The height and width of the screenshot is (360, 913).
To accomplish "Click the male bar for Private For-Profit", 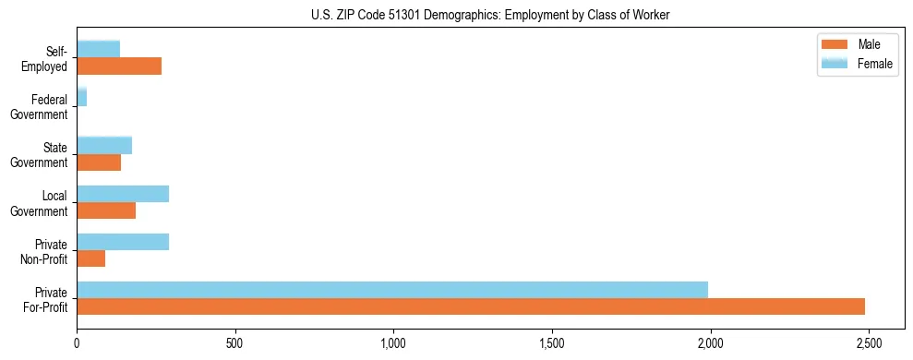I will point(471,306).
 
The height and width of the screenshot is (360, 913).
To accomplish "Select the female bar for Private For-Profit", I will point(392,290).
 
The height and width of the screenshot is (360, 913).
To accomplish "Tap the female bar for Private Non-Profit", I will point(123,242).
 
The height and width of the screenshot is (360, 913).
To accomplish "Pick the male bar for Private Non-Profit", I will point(91,258).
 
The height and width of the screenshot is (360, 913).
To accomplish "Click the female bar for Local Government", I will point(123,194).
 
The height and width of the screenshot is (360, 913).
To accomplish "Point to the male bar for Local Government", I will point(106,210).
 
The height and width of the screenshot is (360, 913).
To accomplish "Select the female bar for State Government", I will point(104,145).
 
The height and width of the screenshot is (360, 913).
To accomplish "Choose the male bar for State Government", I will point(99,162).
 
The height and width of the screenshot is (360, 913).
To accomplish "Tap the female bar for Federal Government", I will point(82,97).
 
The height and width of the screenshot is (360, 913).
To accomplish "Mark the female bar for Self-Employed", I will point(99,49).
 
